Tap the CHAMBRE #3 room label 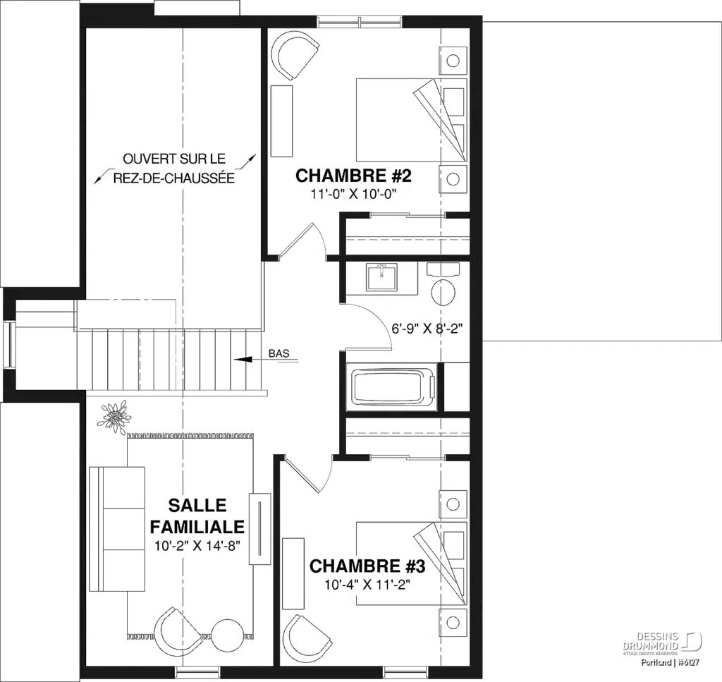(367, 566)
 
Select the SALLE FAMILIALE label (197, 516)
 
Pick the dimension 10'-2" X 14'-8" (197, 544)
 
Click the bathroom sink (381, 277)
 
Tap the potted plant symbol (114, 415)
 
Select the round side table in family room (228, 635)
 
